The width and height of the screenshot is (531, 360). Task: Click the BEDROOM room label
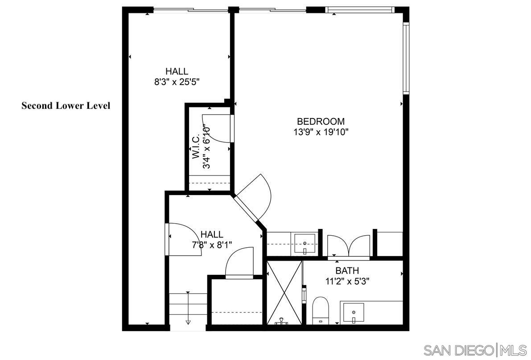tap(321, 121)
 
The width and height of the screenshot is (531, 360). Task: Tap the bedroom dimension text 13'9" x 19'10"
tap(321, 132)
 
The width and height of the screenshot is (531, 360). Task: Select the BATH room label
tap(347, 270)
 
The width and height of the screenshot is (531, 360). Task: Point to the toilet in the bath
tap(321, 310)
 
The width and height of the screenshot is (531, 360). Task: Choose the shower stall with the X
tap(284, 292)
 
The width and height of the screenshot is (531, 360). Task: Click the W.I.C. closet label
tap(196, 147)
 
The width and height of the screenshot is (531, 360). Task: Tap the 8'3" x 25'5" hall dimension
tap(177, 82)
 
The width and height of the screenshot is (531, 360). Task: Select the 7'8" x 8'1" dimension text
tap(212, 245)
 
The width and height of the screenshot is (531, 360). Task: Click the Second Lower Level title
tap(66, 106)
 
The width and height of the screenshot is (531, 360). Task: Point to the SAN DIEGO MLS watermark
tap(475, 349)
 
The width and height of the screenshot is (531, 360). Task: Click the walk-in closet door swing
tap(217, 128)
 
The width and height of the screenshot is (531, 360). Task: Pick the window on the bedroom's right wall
tap(406, 58)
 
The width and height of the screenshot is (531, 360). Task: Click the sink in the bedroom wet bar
tap(305, 243)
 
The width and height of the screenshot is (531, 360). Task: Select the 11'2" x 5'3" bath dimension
tap(347, 281)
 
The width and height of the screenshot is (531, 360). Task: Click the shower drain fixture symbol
tap(281, 321)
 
